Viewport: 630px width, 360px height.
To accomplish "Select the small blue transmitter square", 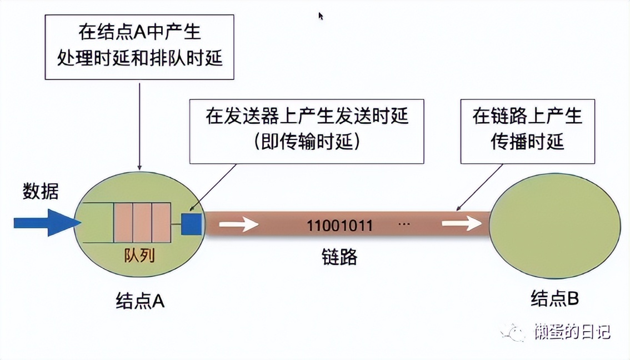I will (192, 224).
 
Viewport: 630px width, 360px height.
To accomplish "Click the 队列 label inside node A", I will (139, 256).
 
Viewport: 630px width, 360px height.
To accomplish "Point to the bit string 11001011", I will (339, 226).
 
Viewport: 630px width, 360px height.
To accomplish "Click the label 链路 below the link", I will (339, 257).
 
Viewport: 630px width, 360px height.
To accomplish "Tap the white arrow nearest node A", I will (239, 224).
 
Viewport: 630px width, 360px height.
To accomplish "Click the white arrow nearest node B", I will (461, 223).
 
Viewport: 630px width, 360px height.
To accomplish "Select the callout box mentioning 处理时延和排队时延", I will (139, 47).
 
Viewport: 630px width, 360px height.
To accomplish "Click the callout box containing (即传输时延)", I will (307, 131).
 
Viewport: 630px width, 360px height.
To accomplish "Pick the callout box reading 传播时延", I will (527, 131).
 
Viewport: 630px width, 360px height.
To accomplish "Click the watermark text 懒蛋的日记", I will (573, 332).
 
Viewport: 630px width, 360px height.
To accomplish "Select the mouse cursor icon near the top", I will (321, 16).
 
